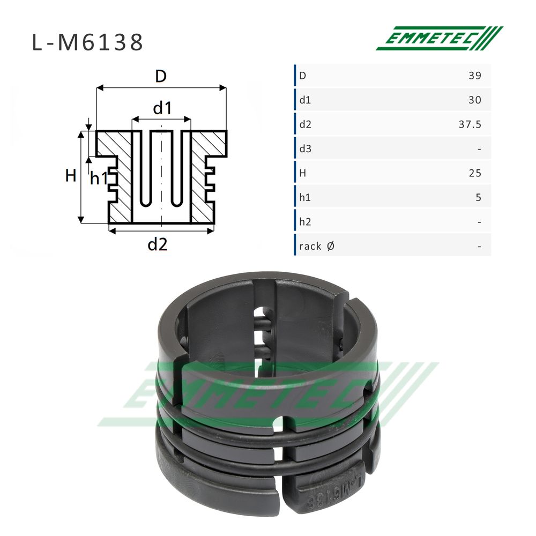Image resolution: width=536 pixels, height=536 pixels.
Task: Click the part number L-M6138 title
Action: [x=87, y=43]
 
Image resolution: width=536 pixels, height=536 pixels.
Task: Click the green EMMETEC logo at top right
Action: [x=440, y=38]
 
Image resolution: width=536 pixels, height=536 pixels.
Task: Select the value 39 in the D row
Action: [x=475, y=76]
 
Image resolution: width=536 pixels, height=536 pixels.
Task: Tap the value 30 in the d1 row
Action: [x=475, y=100]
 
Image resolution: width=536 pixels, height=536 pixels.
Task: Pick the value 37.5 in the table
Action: [x=470, y=124]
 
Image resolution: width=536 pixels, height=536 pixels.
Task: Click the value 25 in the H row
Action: [x=475, y=173]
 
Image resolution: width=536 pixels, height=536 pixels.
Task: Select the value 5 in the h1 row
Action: [x=478, y=197]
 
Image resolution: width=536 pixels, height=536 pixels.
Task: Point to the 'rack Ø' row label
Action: [x=317, y=246]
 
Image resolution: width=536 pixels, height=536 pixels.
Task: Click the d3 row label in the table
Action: [x=306, y=148]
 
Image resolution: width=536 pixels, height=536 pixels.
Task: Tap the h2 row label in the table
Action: [x=306, y=222]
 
